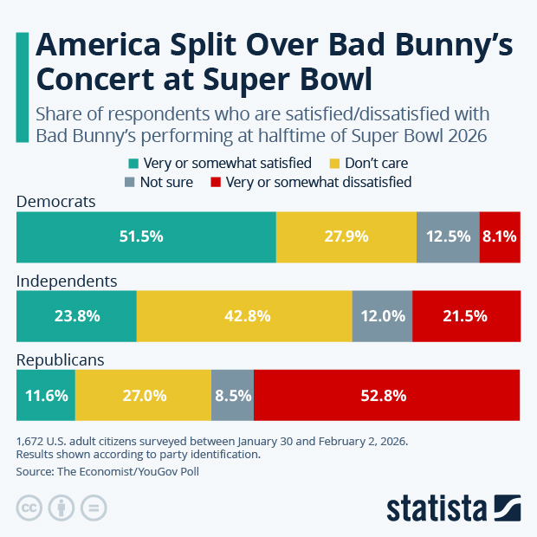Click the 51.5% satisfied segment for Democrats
146,236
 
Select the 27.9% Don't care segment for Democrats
346,236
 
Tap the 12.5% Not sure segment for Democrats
448,236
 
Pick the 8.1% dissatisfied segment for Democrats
500,236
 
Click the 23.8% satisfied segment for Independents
76,316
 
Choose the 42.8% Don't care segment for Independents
244,316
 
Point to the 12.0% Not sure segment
382,316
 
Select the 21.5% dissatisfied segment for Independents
466,316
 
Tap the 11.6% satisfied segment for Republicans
46,395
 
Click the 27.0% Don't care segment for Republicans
143,395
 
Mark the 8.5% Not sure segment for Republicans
232,395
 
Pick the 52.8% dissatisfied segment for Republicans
386,395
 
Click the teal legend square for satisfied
133,163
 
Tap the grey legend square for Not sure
130,182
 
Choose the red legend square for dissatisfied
217,182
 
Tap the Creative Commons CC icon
29,507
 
